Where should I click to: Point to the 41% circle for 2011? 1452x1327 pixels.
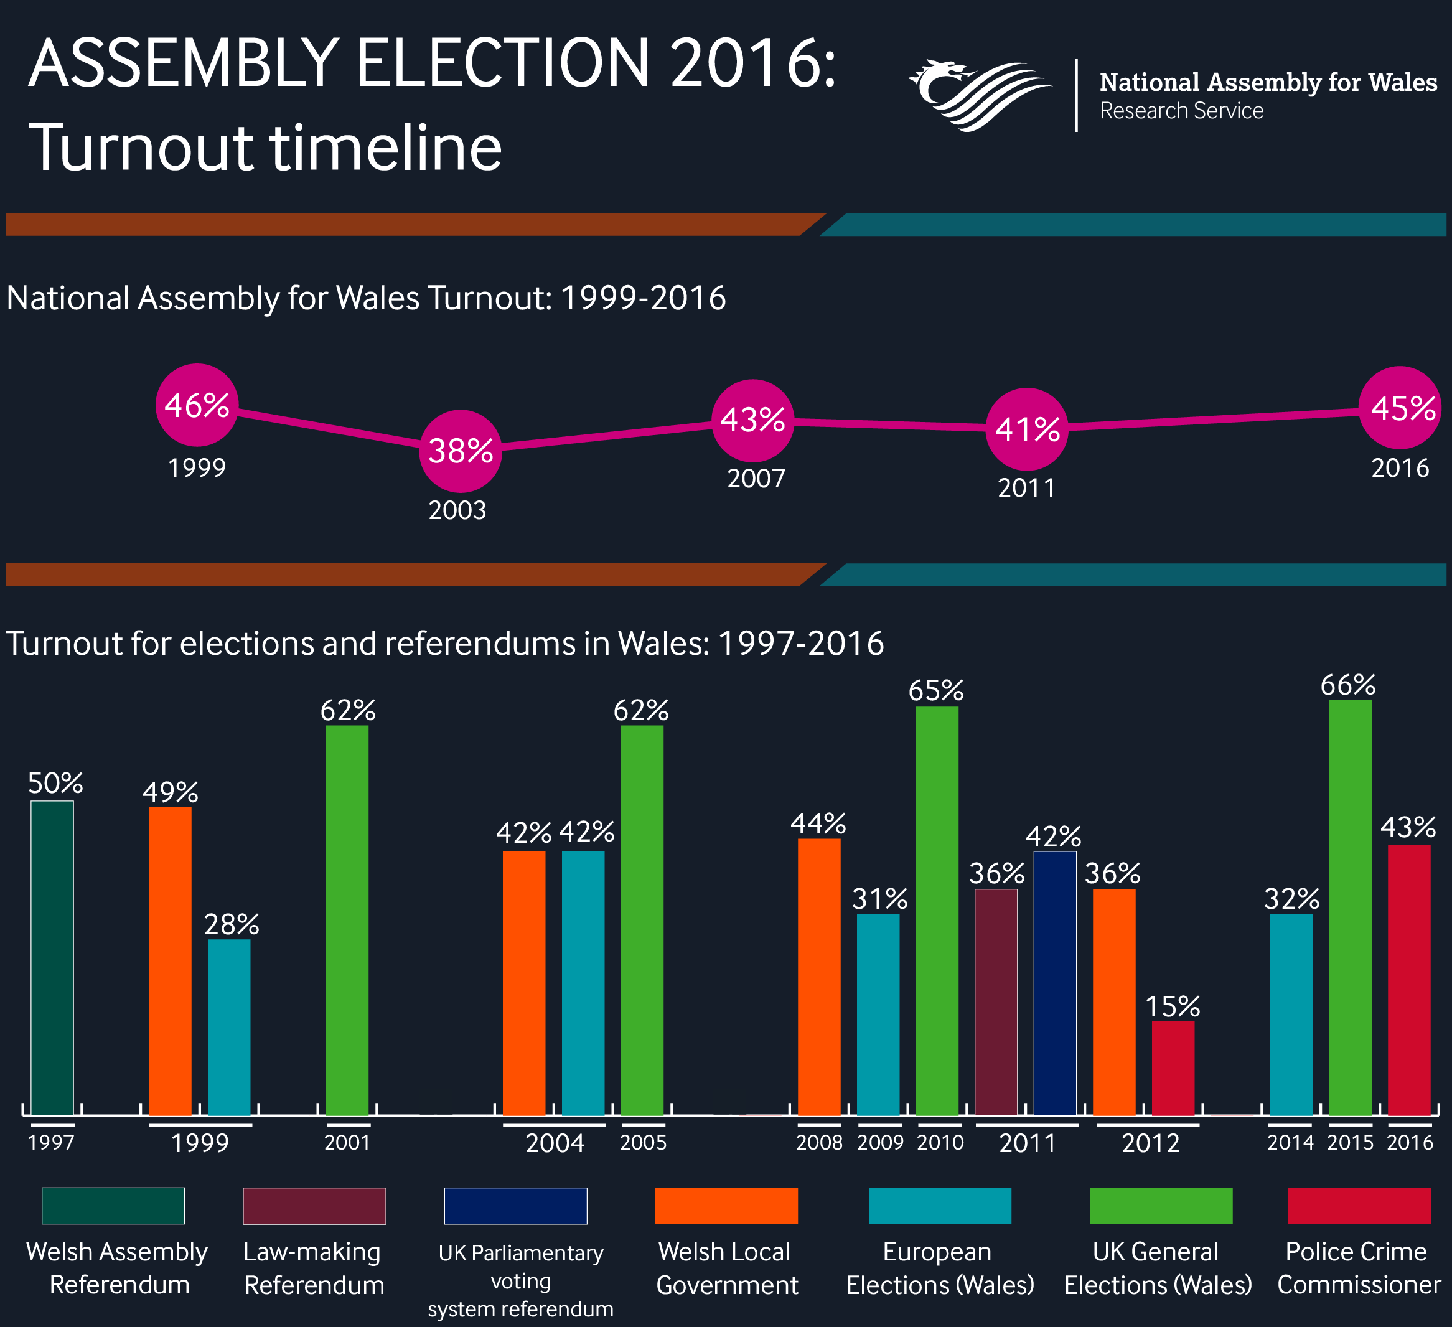[1026, 429]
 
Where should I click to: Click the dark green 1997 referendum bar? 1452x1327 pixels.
[52, 958]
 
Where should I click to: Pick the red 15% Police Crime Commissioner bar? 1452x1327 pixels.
[1173, 1068]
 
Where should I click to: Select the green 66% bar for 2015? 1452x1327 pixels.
[1350, 907]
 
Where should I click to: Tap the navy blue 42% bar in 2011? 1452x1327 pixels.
[1054, 983]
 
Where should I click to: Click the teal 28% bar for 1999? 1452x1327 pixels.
[229, 1028]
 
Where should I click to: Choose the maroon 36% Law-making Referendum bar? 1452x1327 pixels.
[996, 1002]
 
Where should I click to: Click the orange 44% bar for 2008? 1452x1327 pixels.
[819, 977]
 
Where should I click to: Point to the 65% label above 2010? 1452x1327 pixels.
[935, 691]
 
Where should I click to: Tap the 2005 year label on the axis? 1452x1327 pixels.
[643, 1143]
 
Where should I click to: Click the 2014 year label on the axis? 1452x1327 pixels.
[1290, 1143]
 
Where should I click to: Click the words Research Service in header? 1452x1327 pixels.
[1181, 111]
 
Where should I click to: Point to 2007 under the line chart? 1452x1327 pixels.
[756, 479]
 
